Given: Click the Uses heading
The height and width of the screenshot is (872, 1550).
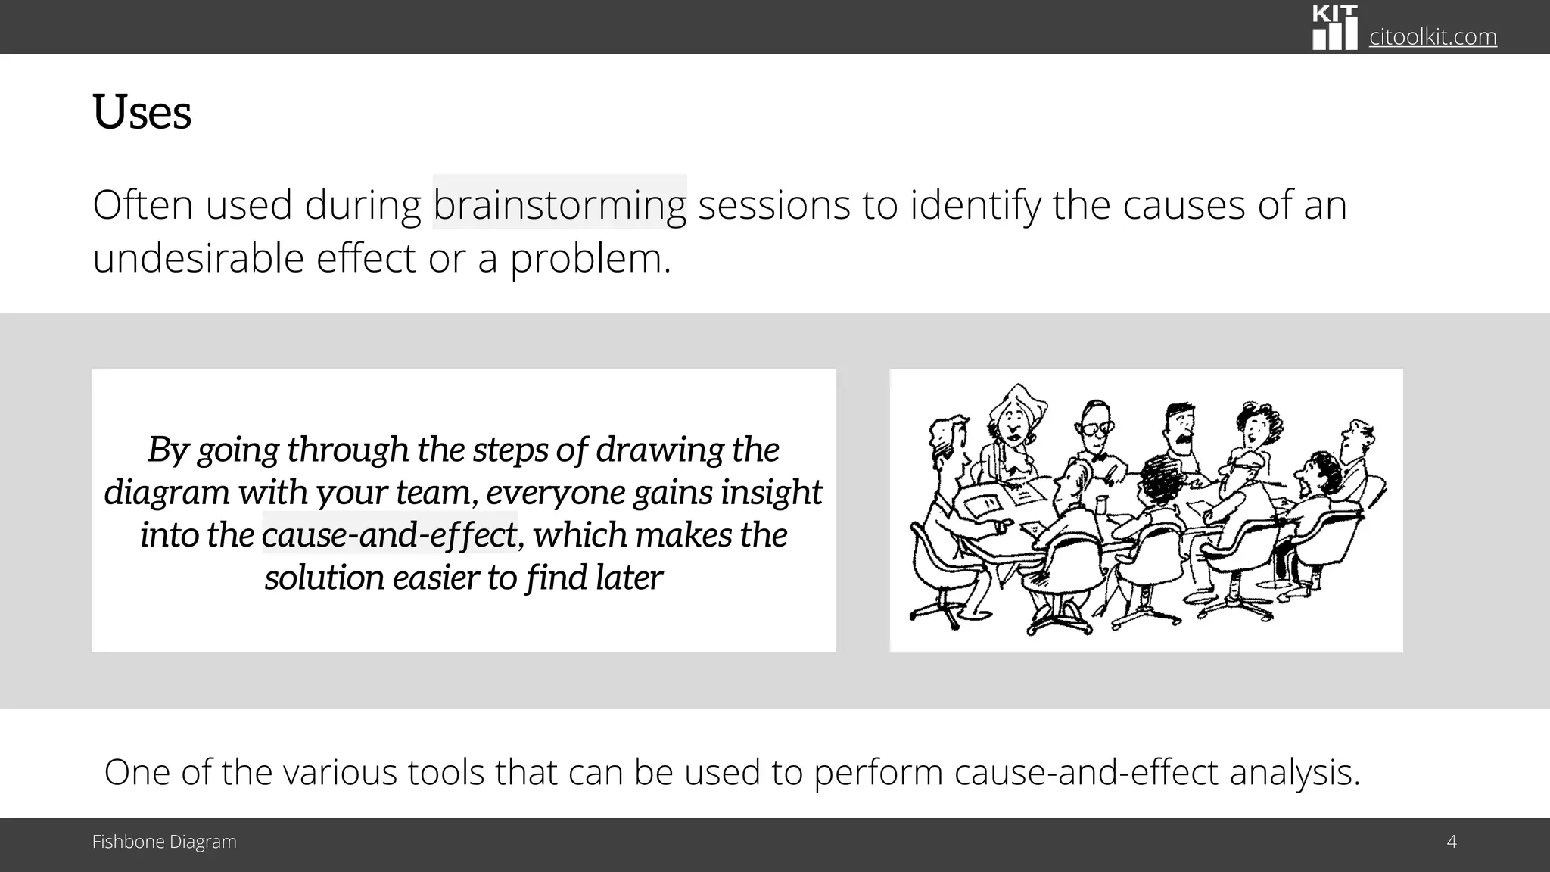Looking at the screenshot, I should [x=142, y=113].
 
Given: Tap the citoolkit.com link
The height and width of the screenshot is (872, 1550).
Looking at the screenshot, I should [x=1432, y=36].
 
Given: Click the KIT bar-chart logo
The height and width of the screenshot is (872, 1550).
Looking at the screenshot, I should [x=1334, y=29].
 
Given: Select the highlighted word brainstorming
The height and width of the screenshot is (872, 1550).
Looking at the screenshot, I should [x=559, y=204].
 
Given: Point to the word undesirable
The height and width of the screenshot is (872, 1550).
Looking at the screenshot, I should [x=198, y=259].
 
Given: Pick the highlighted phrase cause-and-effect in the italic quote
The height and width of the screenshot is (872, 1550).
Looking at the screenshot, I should [x=389, y=535].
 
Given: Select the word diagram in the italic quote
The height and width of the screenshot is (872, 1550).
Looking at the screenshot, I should [x=167, y=492].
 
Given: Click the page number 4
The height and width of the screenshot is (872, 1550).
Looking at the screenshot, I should [x=1451, y=841].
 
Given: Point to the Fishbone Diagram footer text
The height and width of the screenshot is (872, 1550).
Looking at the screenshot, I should [x=164, y=842].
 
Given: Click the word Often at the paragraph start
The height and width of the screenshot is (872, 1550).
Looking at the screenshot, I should [x=142, y=204].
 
